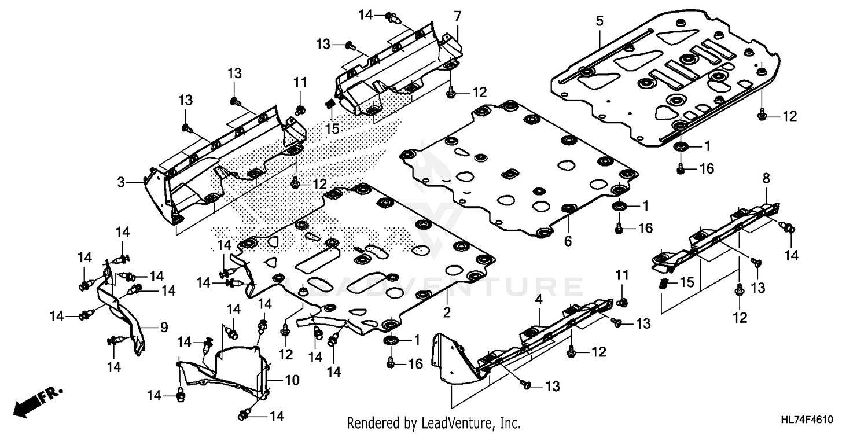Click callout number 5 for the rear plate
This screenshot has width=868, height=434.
[x=599, y=21]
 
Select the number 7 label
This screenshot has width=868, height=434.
[x=458, y=16]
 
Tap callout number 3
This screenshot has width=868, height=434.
[x=121, y=182]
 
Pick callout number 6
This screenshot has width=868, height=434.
[x=568, y=241]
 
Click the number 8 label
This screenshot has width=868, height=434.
[x=766, y=179]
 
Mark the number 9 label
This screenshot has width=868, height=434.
[x=164, y=328]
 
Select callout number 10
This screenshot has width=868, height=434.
[x=292, y=380]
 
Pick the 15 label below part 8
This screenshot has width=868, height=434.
[x=686, y=282]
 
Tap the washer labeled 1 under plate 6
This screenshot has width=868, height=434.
[x=619, y=207]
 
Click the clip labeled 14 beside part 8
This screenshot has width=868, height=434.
[x=788, y=228]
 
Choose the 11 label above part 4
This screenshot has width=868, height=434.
[x=621, y=273]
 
